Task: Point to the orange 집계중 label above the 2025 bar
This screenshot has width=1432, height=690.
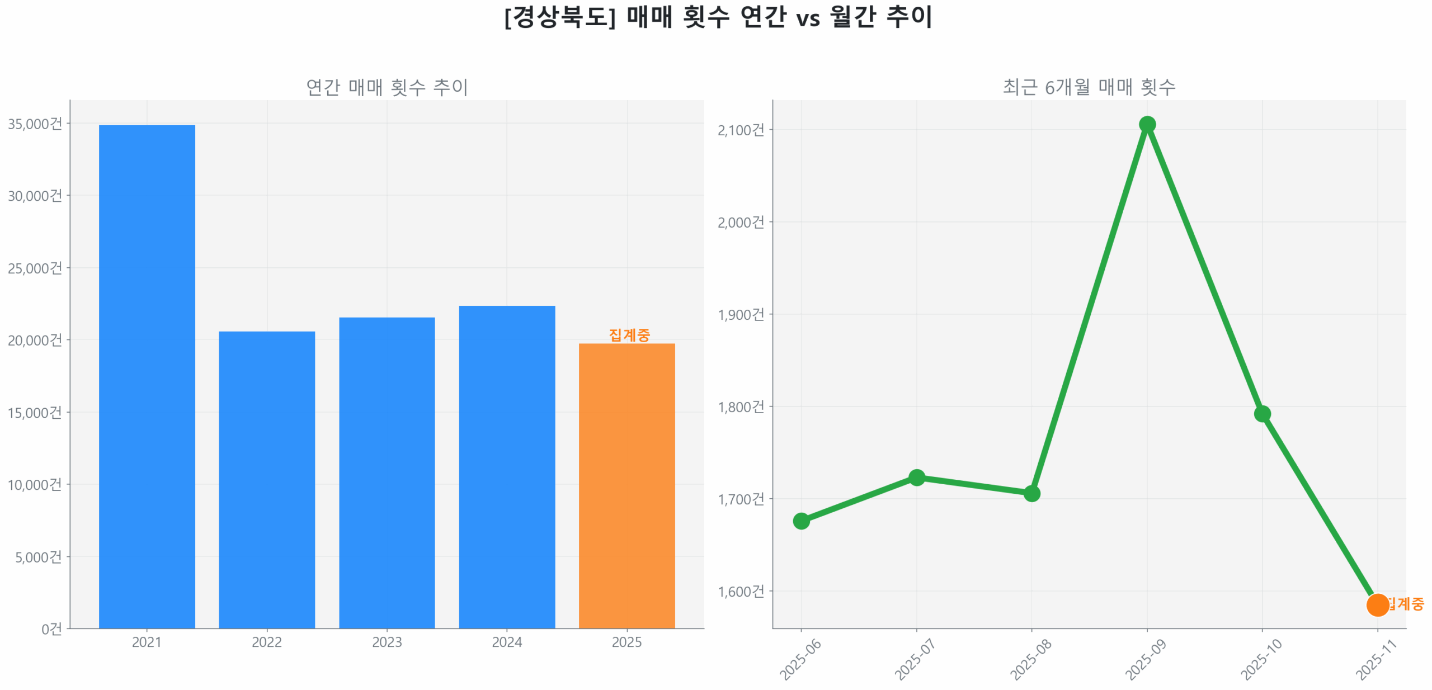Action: (x=629, y=334)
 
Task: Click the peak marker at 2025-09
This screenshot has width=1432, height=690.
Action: (x=1146, y=124)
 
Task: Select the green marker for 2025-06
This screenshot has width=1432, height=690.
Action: (x=800, y=521)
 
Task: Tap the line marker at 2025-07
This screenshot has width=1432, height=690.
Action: (x=916, y=477)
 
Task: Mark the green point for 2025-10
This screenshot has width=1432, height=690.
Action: (x=1261, y=414)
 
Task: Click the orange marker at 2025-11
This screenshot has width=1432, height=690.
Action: (x=1377, y=604)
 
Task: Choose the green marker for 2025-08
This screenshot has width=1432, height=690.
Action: (x=1031, y=493)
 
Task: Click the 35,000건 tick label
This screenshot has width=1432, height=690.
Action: (x=35, y=124)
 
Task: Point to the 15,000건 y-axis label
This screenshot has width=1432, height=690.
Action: (x=35, y=413)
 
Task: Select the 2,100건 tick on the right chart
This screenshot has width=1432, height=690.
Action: (x=740, y=130)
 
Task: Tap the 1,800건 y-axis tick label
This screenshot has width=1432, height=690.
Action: (x=740, y=407)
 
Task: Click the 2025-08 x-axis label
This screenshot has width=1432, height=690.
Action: (x=1030, y=659)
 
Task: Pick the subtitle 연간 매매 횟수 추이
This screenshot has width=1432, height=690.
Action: (x=387, y=87)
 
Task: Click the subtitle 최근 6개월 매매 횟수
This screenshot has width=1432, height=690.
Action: (x=1088, y=87)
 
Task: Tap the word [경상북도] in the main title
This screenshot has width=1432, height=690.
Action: (x=559, y=17)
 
